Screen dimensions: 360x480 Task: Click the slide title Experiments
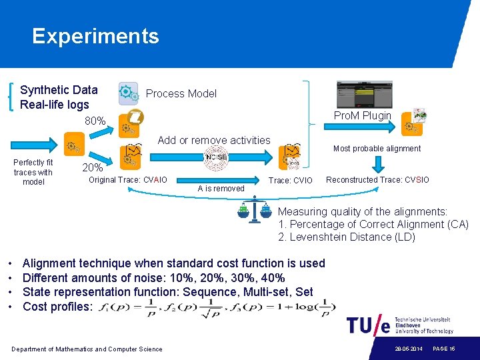95,36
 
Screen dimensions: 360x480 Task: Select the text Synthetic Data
59,90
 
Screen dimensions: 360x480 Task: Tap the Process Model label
181,94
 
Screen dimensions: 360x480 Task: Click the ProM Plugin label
362,116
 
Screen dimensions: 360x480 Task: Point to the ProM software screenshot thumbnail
364,95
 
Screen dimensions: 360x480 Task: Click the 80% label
95,121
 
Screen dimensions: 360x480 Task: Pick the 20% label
92,167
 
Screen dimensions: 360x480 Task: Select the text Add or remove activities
214,141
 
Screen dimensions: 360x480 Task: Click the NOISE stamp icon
216,157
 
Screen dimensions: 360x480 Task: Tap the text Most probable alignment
377,149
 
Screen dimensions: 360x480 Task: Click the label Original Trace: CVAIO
128,180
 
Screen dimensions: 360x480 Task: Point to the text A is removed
221,189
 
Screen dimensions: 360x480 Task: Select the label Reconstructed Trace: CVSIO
377,180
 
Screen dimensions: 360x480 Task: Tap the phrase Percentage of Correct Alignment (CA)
378,225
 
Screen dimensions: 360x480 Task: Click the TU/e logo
368,326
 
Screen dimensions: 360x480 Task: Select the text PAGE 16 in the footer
443,349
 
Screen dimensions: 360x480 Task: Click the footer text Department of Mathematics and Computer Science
87,349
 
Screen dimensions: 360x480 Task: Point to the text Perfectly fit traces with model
33,172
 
